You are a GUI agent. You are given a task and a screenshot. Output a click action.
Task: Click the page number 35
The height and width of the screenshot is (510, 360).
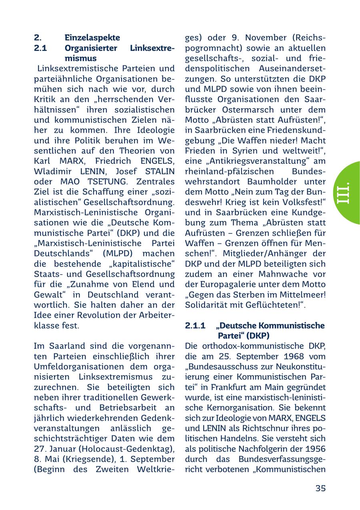(320, 488)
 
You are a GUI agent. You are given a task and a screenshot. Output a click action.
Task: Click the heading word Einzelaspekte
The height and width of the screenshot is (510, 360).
(92, 38)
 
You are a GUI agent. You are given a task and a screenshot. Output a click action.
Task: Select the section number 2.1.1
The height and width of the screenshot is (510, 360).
(195, 326)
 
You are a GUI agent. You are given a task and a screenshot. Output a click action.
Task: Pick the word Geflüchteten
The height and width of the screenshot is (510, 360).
(267, 305)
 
